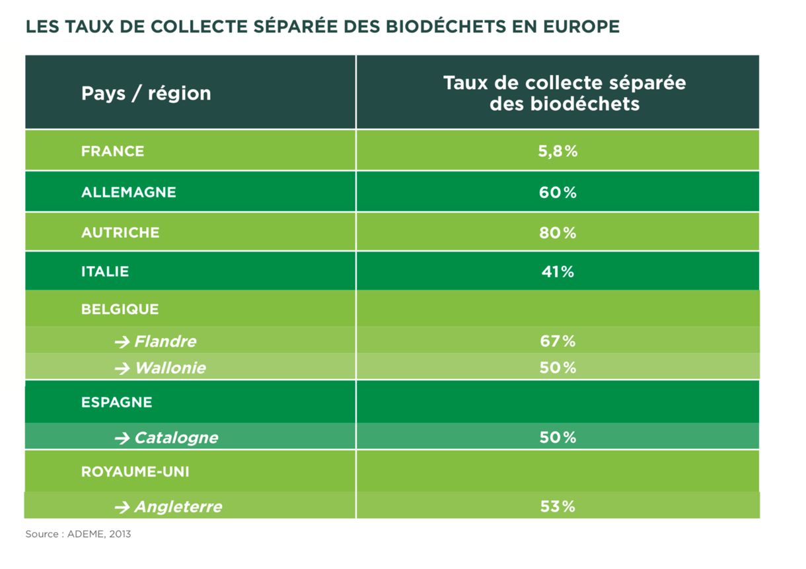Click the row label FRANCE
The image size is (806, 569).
112,151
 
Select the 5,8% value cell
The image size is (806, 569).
558,151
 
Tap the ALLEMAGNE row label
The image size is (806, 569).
129,192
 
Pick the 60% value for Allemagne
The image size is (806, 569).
558,193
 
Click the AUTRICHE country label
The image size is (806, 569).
120,232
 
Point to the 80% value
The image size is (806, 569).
558,233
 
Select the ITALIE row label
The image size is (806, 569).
105,271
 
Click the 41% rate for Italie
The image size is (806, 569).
558,272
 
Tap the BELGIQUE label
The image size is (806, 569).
120,309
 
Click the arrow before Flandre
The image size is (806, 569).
122,342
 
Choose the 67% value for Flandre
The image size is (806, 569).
558,341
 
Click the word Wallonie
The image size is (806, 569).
170,368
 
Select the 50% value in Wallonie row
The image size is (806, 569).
558,368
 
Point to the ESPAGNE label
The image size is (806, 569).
117,402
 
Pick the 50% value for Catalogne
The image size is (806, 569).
558,438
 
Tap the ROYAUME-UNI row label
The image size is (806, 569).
135,472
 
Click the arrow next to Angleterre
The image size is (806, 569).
122,507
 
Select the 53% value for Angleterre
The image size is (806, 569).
558,507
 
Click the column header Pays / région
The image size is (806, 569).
146,93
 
